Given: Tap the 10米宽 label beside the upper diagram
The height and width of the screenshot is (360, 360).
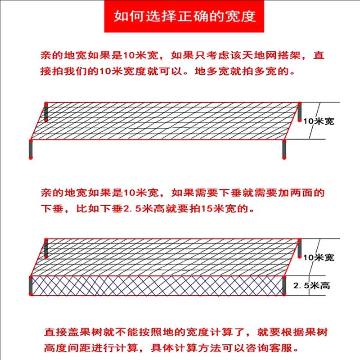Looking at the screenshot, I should tap(319, 121).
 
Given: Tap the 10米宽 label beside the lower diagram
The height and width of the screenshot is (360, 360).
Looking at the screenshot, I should tap(319, 257).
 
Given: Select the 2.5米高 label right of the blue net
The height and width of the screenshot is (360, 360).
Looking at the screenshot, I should tap(311, 286).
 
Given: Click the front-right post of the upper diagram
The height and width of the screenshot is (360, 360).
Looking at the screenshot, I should tap(284, 149).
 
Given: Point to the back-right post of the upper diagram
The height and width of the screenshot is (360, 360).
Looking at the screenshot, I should tap(300, 111).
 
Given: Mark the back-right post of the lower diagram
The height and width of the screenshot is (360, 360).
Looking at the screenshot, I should tap(300, 247).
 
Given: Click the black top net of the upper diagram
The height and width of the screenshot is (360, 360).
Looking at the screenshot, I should tap(166, 121).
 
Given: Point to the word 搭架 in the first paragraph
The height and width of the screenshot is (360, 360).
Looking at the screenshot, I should tap(292, 56).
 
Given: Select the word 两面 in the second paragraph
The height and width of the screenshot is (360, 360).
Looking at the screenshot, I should tap(304, 193).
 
